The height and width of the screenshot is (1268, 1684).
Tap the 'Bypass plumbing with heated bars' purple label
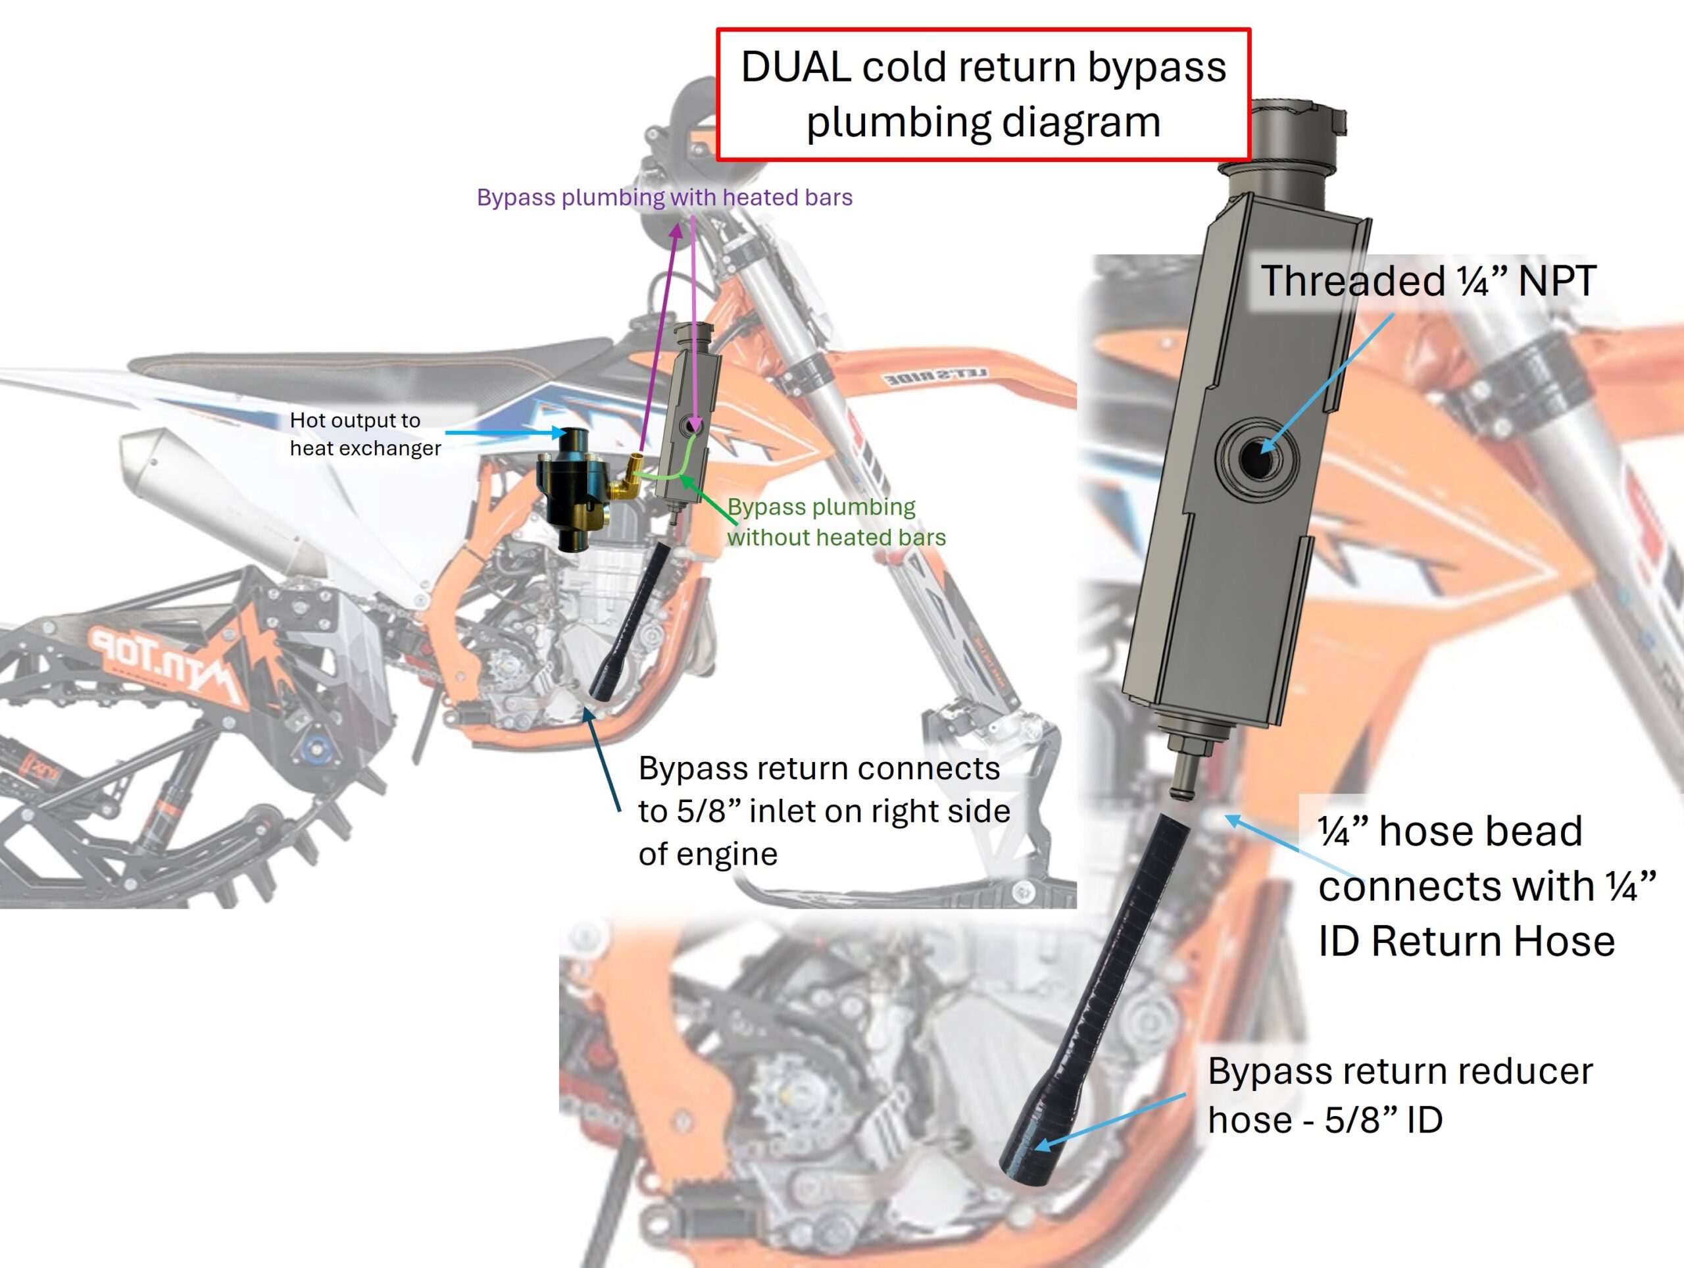click(664, 197)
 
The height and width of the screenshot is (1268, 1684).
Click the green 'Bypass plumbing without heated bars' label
click(835, 522)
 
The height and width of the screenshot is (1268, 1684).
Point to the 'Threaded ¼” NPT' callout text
click(1427, 281)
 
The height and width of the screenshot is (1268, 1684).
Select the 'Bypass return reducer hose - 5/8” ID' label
click(1399, 1095)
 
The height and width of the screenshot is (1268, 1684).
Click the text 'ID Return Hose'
click(1466, 941)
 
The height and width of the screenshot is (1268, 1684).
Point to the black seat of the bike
click(366, 364)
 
